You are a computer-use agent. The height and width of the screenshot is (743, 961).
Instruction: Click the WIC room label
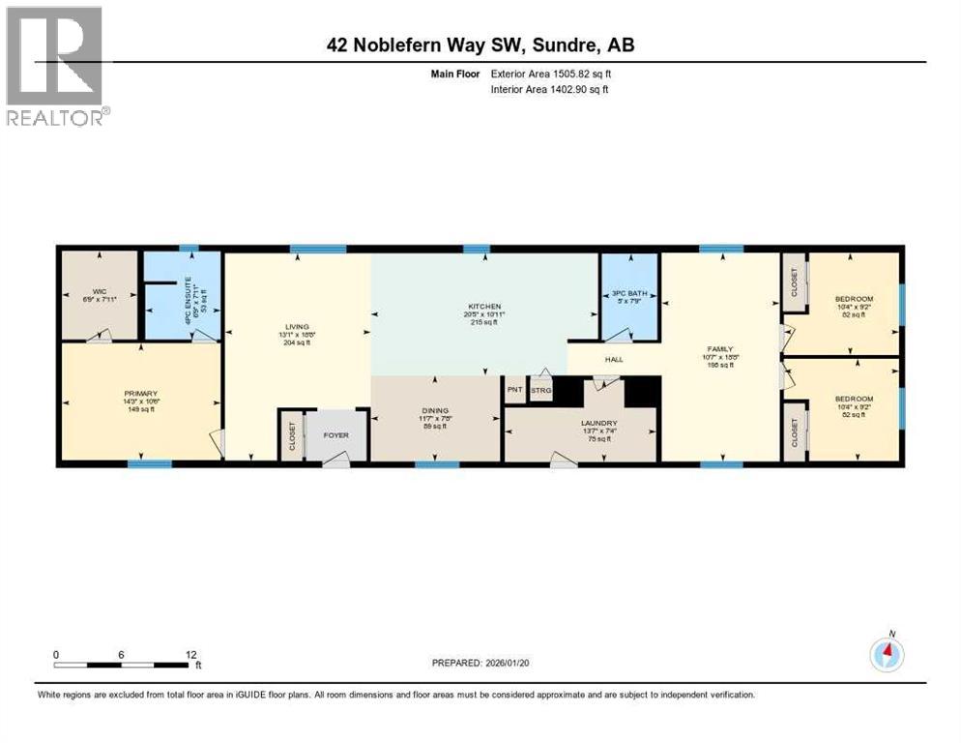pos(100,290)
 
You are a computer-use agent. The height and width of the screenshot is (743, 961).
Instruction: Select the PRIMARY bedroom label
pos(139,394)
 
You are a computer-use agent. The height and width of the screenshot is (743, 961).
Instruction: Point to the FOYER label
pos(335,434)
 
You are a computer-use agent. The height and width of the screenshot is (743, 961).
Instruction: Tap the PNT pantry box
pos(513,390)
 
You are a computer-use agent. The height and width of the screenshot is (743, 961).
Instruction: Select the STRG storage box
pos(539,390)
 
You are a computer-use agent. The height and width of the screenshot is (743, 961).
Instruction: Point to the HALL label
pos(614,360)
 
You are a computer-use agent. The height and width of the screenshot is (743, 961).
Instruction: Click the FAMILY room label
pos(721,350)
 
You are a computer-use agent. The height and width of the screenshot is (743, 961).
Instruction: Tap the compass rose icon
pos(887,655)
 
